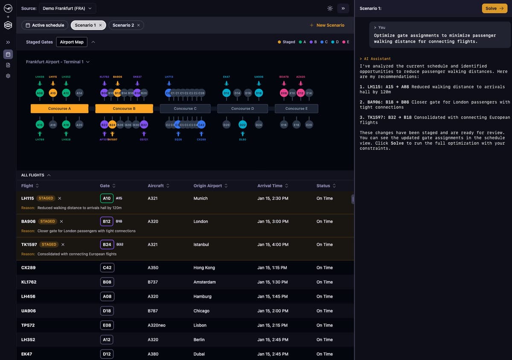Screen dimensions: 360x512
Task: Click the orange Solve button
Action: [x=494, y=9]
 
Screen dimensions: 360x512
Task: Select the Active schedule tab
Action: [x=45, y=25]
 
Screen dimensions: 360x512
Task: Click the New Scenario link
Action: [x=327, y=25]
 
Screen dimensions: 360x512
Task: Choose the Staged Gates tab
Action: [x=39, y=42]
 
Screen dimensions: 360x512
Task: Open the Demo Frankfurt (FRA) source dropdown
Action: [x=67, y=9]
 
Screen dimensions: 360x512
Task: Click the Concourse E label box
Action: [x=296, y=108]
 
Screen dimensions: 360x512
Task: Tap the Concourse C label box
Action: [x=185, y=108]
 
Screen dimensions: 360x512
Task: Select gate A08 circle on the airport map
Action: [x=40, y=93]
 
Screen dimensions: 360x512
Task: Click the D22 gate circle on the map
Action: [x=242, y=125]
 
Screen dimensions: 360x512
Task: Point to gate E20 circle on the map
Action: [x=309, y=125]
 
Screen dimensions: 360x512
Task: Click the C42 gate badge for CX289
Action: [x=107, y=268]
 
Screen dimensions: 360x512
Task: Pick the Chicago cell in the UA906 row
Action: [x=201, y=311]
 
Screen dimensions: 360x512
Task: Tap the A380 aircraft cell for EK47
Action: [x=153, y=354]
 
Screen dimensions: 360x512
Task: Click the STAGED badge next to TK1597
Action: [x=49, y=245]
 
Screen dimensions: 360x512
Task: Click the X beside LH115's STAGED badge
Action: [x=60, y=198]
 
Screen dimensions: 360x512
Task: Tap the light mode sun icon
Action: [x=330, y=9]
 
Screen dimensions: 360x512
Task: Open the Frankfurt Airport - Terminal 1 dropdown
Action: [x=58, y=62]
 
